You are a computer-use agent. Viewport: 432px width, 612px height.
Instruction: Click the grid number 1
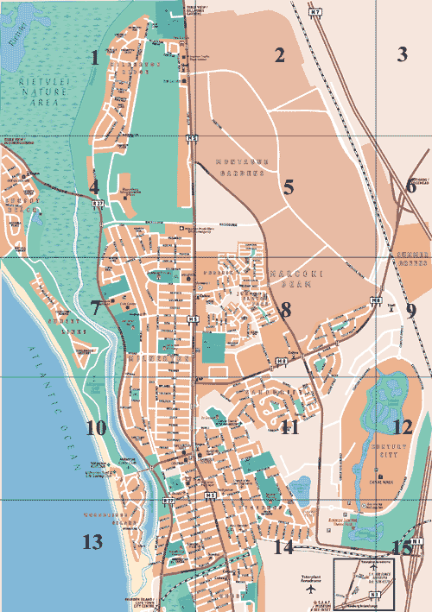94,58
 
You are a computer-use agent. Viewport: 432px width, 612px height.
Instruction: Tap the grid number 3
401,55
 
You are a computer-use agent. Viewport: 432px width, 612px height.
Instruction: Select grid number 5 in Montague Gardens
289,186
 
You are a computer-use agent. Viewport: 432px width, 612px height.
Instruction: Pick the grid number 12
402,426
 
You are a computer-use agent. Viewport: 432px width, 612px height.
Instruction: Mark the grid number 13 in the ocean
92,543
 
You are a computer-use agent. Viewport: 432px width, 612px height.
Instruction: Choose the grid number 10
95,427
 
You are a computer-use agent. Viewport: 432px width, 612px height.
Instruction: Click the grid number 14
283,547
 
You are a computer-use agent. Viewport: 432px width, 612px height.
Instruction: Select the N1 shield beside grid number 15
416,540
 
